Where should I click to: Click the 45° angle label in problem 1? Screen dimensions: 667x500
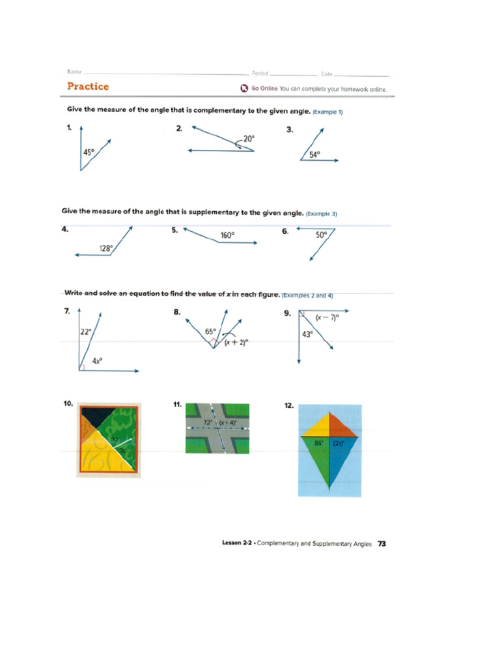click(x=88, y=152)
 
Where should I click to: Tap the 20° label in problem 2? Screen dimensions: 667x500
click(x=249, y=138)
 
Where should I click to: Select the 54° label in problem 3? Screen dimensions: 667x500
click(x=314, y=155)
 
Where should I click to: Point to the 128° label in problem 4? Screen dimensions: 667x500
click(x=106, y=248)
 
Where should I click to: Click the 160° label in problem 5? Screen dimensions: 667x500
click(x=227, y=235)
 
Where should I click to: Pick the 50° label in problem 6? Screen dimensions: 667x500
click(x=322, y=235)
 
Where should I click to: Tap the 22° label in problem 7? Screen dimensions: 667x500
click(x=86, y=332)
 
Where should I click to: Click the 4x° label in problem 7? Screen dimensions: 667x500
click(x=96, y=360)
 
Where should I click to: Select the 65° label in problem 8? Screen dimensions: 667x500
click(x=210, y=332)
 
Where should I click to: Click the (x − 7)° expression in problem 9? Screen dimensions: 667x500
click(x=327, y=318)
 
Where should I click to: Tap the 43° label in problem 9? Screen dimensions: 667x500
click(x=307, y=334)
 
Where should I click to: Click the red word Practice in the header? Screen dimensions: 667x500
click(x=88, y=87)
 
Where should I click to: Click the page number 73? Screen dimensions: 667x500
click(x=382, y=543)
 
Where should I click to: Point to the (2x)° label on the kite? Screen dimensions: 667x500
click(x=339, y=443)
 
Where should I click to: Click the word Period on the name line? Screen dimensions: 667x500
click(x=260, y=74)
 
